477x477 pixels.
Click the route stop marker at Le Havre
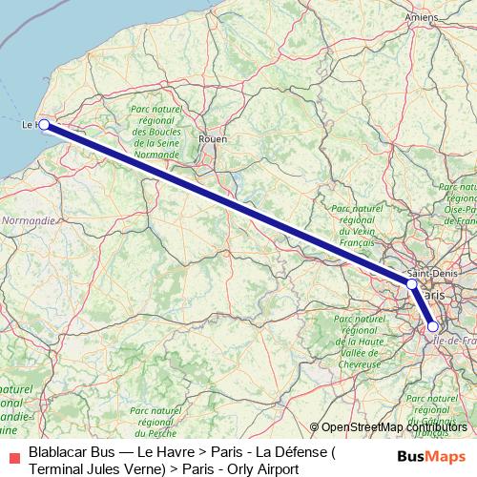coord(44,124)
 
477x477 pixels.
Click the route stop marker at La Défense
coord(411,284)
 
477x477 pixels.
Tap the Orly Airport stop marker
coord(433,326)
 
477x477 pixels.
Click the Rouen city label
coord(211,139)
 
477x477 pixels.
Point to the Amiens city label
coord(420,17)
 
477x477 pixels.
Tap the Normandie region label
coord(29,219)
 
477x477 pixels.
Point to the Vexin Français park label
coord(354,226)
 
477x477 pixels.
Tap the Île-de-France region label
coord(454,341)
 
